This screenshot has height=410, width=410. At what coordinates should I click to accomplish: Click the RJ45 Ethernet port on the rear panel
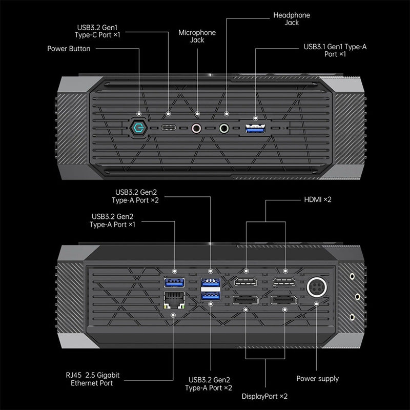coord(173,299)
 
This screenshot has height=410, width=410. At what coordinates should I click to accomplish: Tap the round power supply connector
coord(315,286)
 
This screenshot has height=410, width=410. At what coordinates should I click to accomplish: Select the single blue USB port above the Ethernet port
coord(173,282)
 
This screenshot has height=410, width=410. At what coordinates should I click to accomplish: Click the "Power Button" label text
coord(69,49)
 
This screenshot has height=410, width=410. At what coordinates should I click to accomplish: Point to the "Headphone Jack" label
coord(292,19)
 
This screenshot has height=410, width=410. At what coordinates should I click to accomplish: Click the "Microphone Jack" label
coord(197,36)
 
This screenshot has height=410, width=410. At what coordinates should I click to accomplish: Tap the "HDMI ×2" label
coord(318,199)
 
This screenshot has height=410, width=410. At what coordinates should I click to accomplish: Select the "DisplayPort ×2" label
coord(264,396)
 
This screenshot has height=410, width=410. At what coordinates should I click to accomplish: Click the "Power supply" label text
coord(317,379)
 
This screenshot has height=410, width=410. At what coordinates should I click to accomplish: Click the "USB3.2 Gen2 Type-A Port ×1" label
coord(113,220)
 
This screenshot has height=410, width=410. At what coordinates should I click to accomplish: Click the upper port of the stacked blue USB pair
coord(211,281)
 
